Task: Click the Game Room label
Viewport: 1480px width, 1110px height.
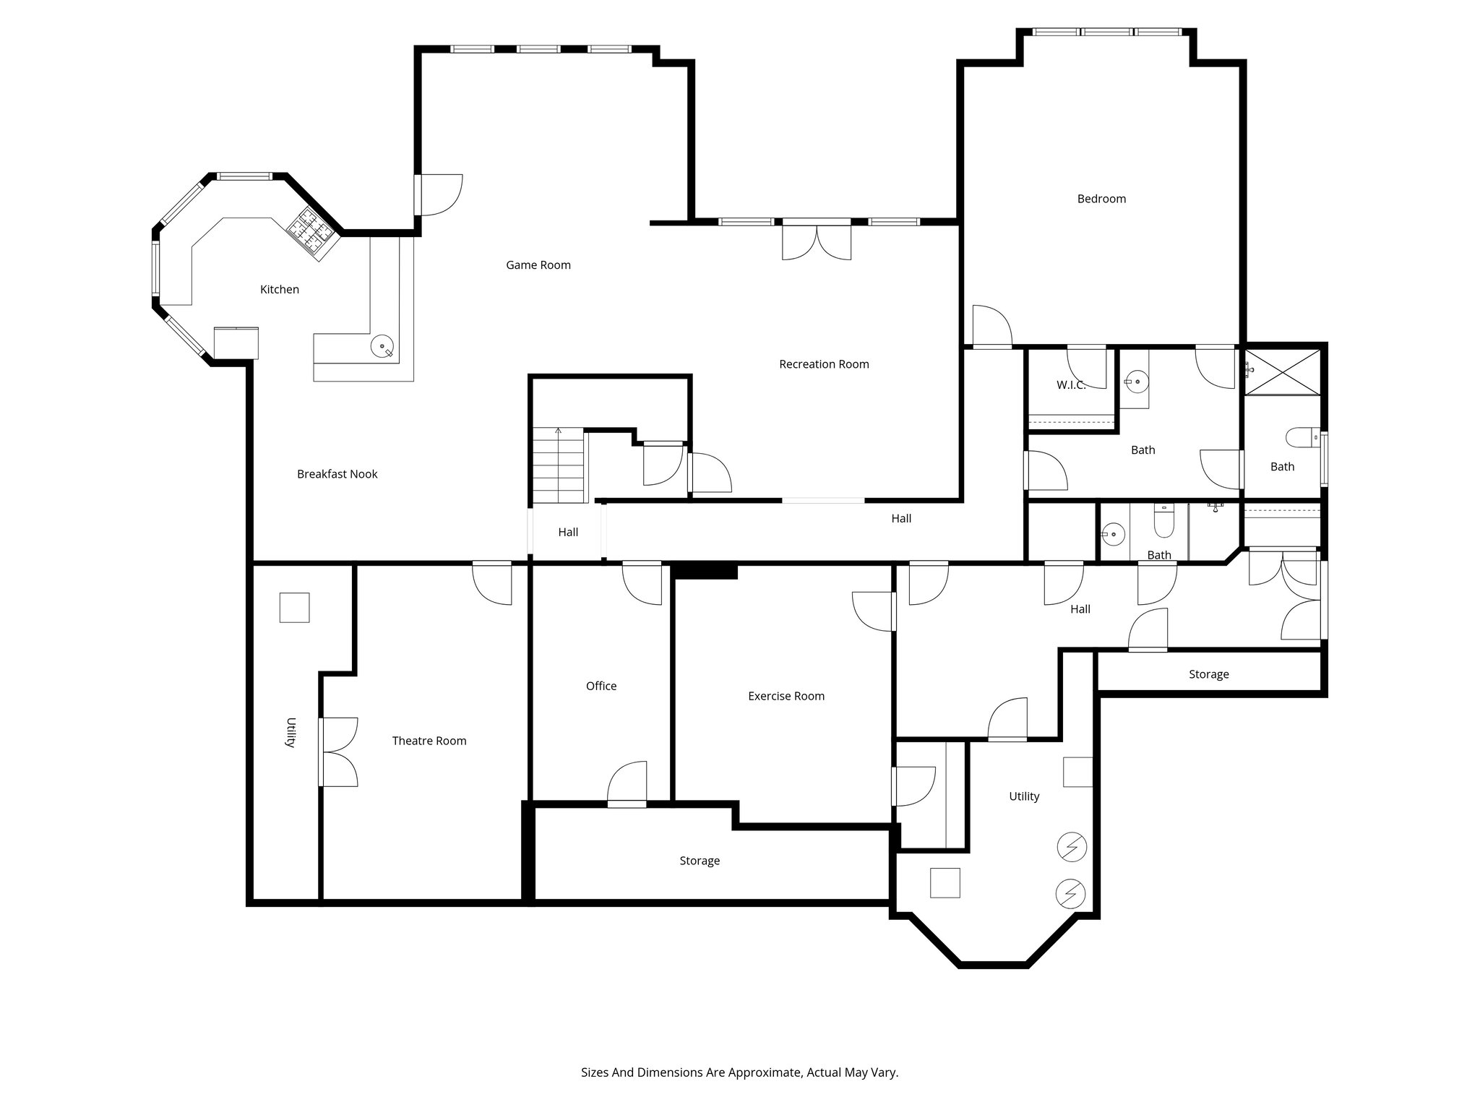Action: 538,265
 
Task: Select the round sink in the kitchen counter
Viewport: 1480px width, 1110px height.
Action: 382,346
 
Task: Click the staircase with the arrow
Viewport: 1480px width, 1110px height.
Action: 558,465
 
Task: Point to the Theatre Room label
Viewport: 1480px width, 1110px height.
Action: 429,741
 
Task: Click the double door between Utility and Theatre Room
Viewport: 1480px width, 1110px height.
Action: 338,752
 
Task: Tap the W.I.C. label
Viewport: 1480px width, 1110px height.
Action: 1071,385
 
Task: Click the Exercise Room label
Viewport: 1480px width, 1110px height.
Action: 786,696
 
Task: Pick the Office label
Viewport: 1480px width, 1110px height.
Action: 601,686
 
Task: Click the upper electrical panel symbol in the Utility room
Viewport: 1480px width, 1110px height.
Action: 1071,846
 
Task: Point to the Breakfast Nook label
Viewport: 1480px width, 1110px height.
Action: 337,474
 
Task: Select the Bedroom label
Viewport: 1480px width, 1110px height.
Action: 1101,199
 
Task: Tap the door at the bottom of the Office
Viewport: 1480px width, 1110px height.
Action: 627,785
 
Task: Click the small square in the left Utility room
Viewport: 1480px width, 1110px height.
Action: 294,607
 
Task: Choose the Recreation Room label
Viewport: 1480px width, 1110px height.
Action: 823,364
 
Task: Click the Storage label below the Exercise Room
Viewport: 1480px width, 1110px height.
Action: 699,861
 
